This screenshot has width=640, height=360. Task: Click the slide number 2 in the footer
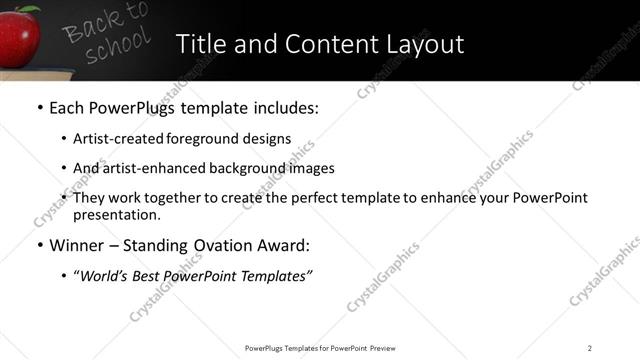pyautogui.click(x=590, y=348)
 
